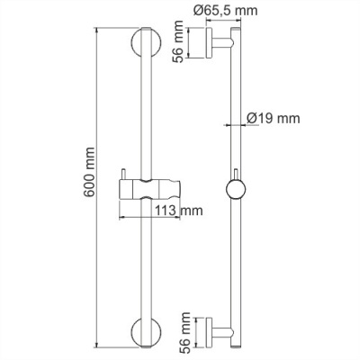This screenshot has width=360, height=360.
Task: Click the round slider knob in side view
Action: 236,191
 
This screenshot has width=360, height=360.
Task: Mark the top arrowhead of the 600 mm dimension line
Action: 95,30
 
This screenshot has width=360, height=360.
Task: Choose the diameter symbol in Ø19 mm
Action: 251,117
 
